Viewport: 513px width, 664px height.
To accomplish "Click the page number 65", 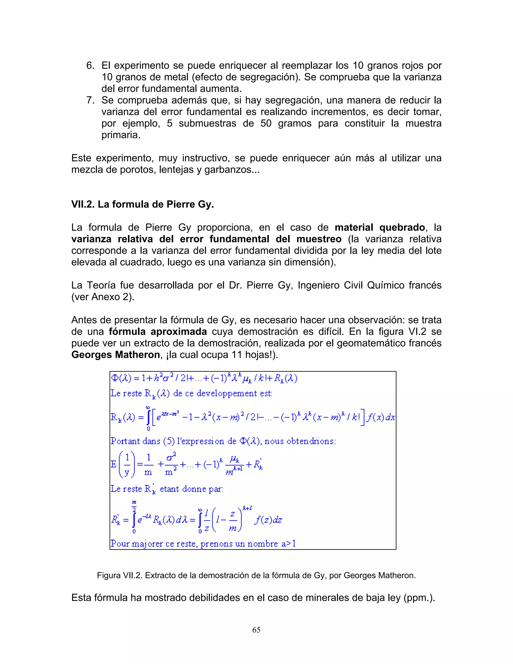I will tap(256, 630).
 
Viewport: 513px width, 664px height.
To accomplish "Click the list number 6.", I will tap(90, 65).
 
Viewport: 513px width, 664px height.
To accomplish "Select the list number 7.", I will tap(90, 100).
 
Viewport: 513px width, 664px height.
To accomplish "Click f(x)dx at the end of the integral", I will tap(380, 417).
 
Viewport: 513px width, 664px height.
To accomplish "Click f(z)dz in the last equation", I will tap(268, 520).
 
